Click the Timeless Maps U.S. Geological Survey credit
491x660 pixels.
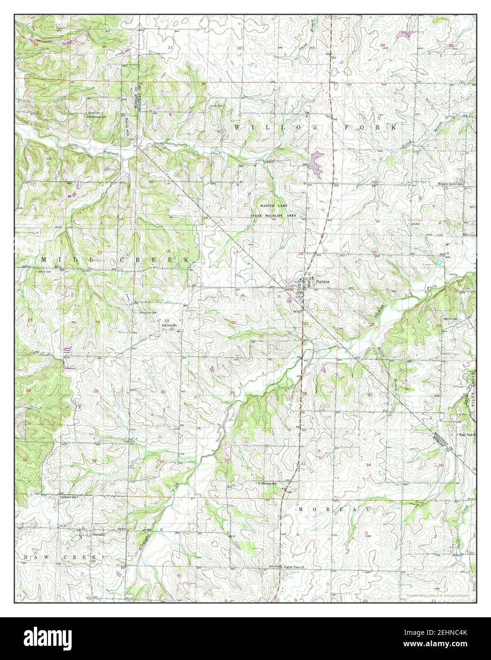[439, 595]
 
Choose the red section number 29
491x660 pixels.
[232, 392]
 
